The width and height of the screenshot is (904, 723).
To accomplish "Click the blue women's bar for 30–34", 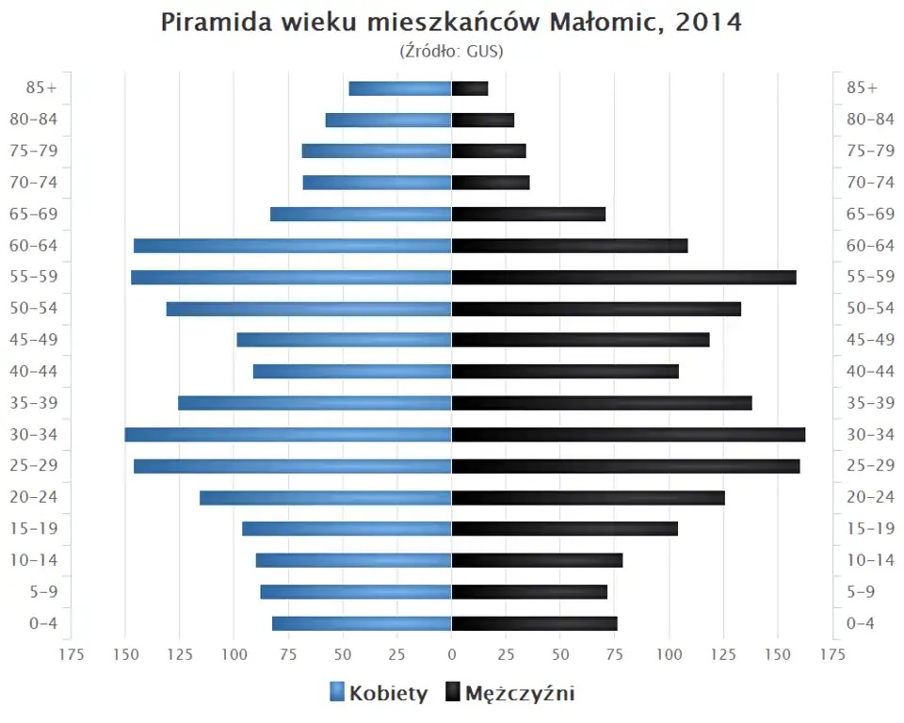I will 288,435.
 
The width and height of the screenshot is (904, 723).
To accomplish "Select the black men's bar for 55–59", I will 623,278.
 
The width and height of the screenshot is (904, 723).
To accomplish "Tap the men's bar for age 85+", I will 470,88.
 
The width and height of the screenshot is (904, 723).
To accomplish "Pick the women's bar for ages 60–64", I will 293,246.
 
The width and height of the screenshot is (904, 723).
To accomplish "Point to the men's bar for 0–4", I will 534,623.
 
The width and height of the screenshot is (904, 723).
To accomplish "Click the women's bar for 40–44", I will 352,372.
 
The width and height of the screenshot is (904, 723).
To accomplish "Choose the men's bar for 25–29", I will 625,466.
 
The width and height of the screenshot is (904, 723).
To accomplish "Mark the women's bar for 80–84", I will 388,120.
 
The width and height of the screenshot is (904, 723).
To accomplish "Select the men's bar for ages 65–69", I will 528,215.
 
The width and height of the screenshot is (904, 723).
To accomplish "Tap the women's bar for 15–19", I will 347,529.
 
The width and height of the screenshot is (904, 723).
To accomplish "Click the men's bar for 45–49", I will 580,340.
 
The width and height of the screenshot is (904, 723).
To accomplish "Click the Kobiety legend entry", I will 379,694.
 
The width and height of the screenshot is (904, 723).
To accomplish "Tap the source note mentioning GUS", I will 452,51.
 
